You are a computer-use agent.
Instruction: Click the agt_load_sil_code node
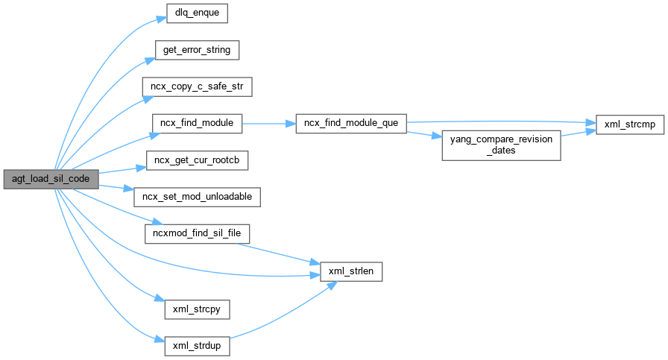tap(50, 179)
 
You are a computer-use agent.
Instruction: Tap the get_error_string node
tap(197, 50)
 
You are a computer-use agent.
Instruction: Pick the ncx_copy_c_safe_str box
tap(197, 86)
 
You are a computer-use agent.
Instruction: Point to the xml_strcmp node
tap(628, 124)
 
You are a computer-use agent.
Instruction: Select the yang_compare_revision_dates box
tap(500, 145)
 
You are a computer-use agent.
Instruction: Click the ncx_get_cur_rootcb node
tap(197, 160)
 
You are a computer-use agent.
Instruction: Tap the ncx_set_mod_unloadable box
tap(197, 197)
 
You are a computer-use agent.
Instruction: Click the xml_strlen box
tap(350, 272)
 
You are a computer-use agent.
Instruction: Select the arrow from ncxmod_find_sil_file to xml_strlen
tap(283, 253)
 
